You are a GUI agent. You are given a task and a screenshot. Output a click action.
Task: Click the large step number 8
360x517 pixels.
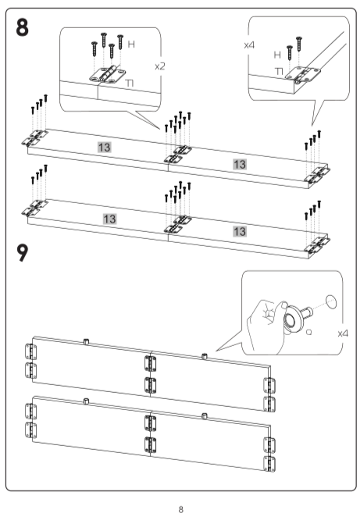[x=23, y=27]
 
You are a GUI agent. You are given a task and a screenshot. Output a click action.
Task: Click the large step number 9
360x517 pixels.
[x=23, y=252]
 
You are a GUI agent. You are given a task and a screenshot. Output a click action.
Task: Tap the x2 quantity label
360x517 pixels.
[x=160, y=66]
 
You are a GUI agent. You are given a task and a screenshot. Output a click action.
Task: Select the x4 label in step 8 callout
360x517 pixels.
[x=249, y=45]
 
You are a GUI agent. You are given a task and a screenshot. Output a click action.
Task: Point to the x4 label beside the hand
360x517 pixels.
[x=343, y=333]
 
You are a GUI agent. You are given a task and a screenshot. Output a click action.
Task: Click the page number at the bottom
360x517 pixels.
[x=180, y=509]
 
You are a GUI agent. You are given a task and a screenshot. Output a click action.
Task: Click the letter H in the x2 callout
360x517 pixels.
[x=131, y=45]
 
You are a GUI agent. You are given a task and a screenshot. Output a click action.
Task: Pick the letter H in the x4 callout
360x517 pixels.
[x=277, y=55]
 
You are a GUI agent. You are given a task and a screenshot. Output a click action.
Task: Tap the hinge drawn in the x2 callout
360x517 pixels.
[x=108, y=74]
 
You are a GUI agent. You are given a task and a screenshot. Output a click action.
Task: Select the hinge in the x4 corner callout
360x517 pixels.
[x=303, y=74]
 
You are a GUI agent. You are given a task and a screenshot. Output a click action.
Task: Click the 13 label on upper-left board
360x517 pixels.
[x=104, y=147]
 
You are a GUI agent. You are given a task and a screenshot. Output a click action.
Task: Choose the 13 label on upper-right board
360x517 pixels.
[x=240, y=164]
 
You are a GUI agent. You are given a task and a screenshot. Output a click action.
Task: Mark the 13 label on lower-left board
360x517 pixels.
[x=109, y=219]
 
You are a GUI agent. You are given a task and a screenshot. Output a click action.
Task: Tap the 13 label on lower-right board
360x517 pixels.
[x=240, y=231]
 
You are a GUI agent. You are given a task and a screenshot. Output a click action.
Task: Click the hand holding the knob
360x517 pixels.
[x=266, y=326]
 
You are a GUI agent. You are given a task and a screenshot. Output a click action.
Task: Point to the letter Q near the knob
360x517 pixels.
[x=308, y=332]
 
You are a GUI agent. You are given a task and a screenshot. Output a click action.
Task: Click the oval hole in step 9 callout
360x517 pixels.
[x=331, y=301]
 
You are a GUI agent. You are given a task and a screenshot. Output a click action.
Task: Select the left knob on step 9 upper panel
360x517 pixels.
[x=86, y=341]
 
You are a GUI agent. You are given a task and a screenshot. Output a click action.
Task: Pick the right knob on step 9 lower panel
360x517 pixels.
[x=205, y=415]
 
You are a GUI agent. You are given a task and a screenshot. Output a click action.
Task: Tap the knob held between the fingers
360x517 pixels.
[x=296, y=317]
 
